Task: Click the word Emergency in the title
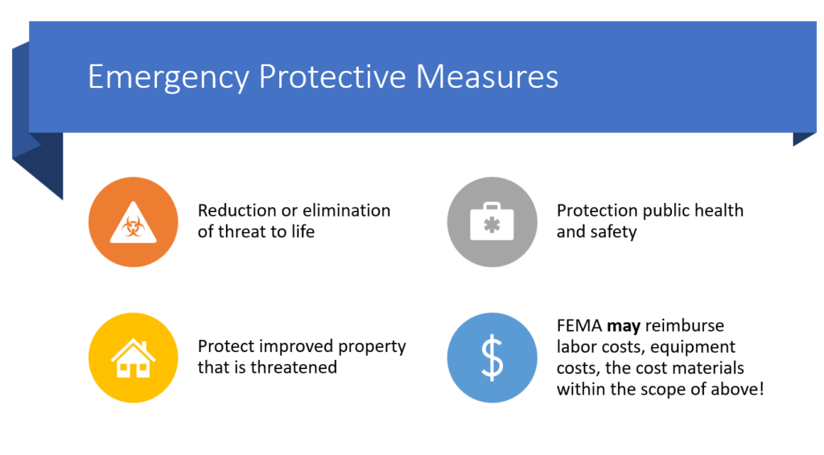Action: click(168, 77)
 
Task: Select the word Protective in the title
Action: click(332, 77)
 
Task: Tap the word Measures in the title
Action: click(487, 77)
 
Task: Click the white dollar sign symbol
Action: click(492, 358)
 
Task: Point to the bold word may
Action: click(624, 327)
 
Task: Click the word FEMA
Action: click(579, 325)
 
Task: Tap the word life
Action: click(303, 231)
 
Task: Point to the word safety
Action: click(612, 232)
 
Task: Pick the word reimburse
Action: click(685, 325)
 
